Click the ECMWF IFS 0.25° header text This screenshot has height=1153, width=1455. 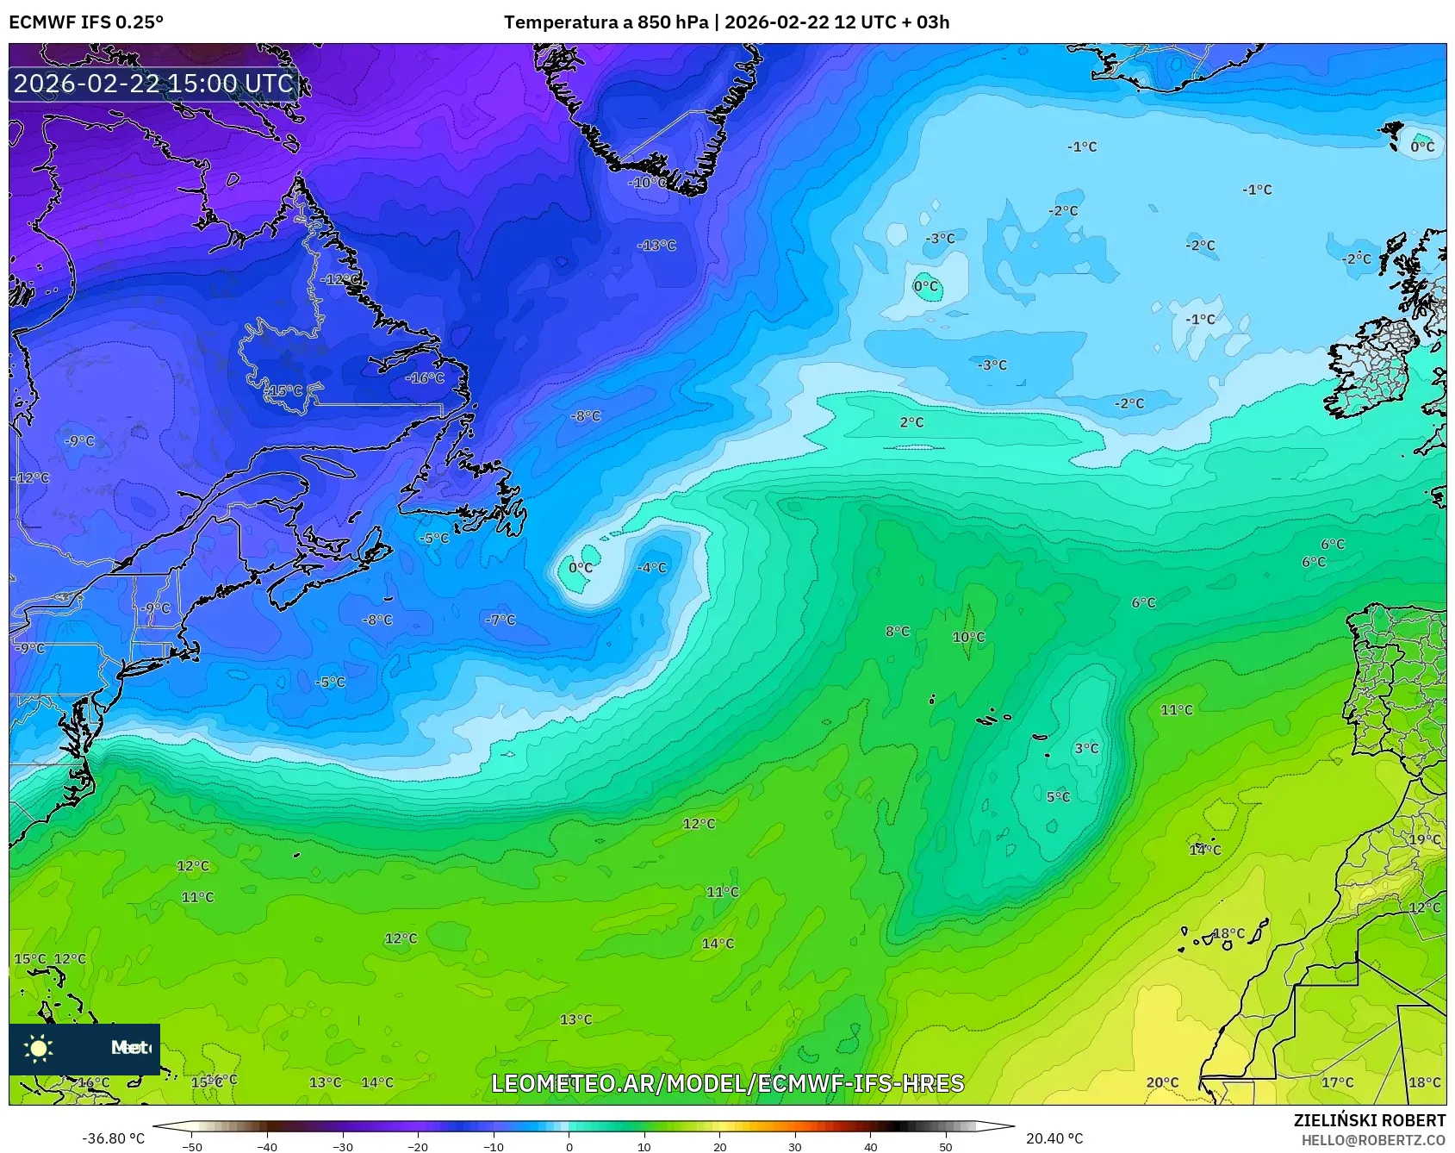[86, 22]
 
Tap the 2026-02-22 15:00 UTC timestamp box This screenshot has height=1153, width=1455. [153, 84]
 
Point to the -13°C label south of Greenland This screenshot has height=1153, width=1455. [656, 246]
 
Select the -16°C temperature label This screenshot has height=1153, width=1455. [425, 378]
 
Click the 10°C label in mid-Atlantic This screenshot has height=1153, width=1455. [968, 638]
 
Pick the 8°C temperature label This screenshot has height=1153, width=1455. [897, 632]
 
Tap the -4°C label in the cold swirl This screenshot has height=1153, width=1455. [651, 568]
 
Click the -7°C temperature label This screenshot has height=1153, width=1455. [500, 620]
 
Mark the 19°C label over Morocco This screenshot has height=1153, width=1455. [1424, 839]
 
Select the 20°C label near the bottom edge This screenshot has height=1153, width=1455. [1161, 1082]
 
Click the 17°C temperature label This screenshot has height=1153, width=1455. [1337, 1082]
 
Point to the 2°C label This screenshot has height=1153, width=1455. [911, 422]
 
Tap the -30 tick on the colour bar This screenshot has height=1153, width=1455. [343, 1147]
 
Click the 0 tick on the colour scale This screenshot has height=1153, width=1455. [569, 1147]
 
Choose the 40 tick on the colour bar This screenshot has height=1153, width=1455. [870, 1147]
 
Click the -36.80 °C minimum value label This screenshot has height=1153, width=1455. [113, 1138]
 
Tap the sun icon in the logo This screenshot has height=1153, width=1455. [39, 1048]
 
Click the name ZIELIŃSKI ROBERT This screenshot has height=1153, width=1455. [1370, 1120]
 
